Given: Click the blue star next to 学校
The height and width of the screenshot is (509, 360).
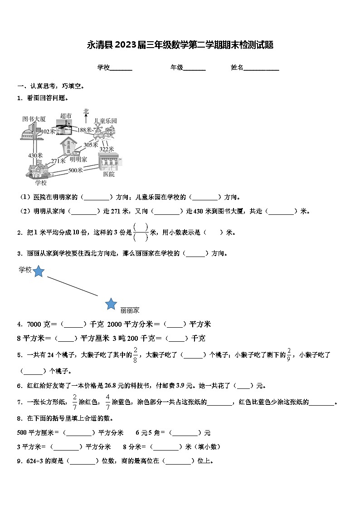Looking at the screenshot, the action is [x=39, y=271].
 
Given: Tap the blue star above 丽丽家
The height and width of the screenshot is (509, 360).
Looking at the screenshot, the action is [x=111, y=304].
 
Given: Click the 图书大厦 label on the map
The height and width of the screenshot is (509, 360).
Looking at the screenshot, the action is [x=34, y=119].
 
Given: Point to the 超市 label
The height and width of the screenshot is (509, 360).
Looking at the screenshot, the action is [x=66, y=116].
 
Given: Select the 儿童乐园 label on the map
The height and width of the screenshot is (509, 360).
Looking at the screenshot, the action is [x=105, y=121].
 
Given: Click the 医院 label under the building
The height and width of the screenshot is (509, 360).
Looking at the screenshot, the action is [x=109, y=174].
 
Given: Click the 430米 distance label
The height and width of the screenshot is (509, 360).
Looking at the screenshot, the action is [x=35, y=155].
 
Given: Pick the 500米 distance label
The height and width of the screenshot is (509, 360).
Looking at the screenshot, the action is [x=75, y=170].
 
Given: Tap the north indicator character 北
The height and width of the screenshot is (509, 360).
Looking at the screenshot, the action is [x=86, y=111].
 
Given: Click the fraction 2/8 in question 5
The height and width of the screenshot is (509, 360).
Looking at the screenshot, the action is [x=135, y=354].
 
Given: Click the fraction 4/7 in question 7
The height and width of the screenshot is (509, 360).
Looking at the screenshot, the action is [x=108, y=401].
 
